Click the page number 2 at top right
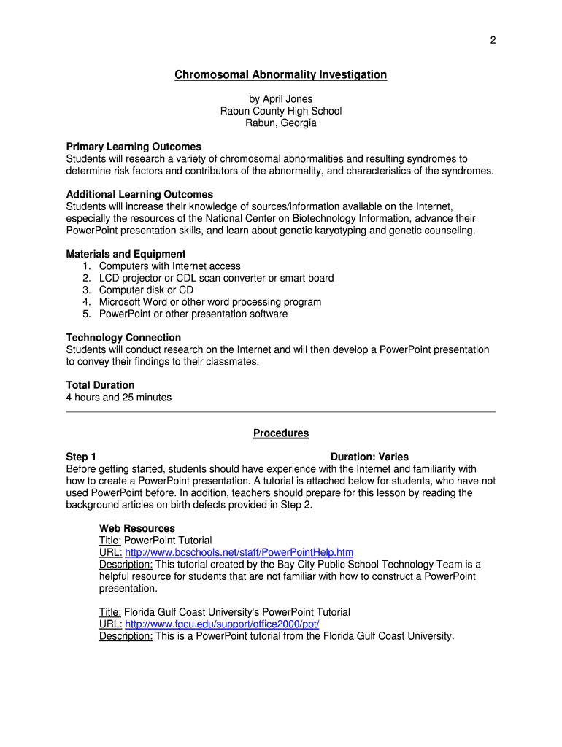pyautogui.click(x=493, y=40)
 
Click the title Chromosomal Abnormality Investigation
pyautogui.click(x=280, y=75)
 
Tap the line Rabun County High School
pyautogui.click(x=281, y=111)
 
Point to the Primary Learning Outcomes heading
pyautogui.click(x=134, y=147)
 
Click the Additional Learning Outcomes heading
pyautogui.click(x=139, y=195)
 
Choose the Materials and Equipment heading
pyautogui.click(x=126, y=255)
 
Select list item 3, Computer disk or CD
pyautogui.click(x=146, y=290)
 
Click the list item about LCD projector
pyautogui.click(x=216, y=278)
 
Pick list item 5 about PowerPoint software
pyautogui.click(x=193, y=314)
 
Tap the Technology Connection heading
pyautogui.click(x=123, y=338)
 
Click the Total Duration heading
pyautogui.click(x=100, y=385)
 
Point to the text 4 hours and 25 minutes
pyautogui.click(x=119, y=398)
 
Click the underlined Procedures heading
pyautogui.click(x=281, y=433)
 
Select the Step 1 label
pyautogui.click(x=81, y=457)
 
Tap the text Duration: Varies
pyautogui.click(x=369, y=457)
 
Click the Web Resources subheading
pyautogui.click(x=137, y=528)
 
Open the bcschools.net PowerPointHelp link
pyautogui.click(x=239, y=552)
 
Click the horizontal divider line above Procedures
pyautogui.click(x=281, y=412)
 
